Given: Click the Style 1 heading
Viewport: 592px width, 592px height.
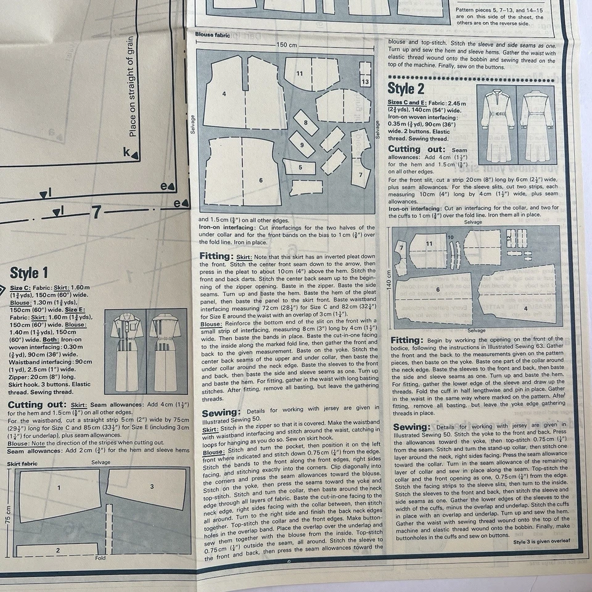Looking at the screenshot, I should click(x=29, y=273).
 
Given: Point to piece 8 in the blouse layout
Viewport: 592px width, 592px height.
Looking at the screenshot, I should click(x=306, y=123).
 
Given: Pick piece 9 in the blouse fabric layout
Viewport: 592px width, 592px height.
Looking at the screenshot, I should click(x=302, y=145).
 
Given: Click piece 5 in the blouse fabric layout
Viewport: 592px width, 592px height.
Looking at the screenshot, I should click(x=300, y=167).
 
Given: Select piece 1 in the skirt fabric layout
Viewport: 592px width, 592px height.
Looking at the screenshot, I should click(x=59, y=488).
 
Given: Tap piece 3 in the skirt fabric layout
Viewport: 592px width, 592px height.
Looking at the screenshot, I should click(x=152, y=487).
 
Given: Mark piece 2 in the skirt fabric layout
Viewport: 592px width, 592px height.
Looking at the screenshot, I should click(x=57, y=550).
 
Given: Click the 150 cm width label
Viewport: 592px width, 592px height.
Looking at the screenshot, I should click(x=287, y=44).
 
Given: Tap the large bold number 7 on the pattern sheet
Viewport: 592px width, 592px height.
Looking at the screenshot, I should click(x=96, y=213).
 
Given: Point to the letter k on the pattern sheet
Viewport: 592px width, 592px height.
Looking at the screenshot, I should click(x=126, y=152).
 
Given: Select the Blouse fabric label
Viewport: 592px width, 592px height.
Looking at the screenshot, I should click(x=213, y=35).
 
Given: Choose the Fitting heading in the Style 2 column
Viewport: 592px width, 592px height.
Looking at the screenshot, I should click(x=406, y=340).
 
